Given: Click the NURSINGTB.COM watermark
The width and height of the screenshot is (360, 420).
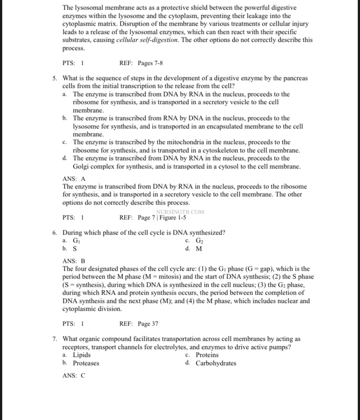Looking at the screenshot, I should pyautogui.click(x=180, y=212).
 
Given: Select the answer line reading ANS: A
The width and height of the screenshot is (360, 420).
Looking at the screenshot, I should pyautogui.click(x=74, y=178).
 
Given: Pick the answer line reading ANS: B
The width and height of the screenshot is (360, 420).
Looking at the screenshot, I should pyautogui.click(x=74, y=261).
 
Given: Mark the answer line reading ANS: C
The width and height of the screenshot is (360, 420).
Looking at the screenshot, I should pyautogui.click(x=74, y=376).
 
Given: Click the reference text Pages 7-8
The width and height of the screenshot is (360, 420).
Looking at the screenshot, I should pyautogui.click(x=150, y=63).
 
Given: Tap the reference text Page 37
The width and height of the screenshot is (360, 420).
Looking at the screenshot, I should pyautogui.click(x=148, y=324).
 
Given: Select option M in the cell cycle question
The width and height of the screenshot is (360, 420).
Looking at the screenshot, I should pyautogui.click(x=199, y=249).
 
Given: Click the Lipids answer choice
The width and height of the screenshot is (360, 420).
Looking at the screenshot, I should pyautogui.click(x=82, y=355).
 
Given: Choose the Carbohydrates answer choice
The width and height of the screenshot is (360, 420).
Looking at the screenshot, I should pyautogui.click(x=216, y=363).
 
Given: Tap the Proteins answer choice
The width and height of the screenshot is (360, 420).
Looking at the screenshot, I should pyautogui.click(x=207, y=355).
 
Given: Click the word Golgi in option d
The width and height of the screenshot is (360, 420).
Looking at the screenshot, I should pyautogui.click(x=81, y=167).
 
